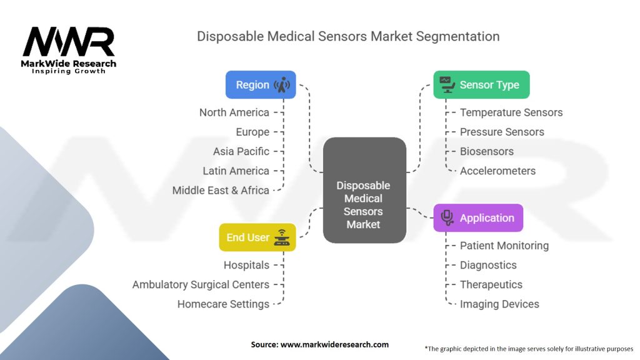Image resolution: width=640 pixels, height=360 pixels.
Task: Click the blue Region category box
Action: (261, 85)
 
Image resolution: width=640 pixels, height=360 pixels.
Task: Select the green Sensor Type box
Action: (481, 85)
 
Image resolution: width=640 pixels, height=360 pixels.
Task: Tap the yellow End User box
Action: (257, 237)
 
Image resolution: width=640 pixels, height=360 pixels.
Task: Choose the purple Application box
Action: (478, 218)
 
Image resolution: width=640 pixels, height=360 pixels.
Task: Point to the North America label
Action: (234, 112)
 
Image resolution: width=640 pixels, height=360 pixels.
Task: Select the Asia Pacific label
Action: (241, 151)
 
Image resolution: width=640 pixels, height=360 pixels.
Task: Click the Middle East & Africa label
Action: (221, 190)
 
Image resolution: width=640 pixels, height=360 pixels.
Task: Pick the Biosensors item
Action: (487, 151)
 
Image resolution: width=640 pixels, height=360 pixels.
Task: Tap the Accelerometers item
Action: (497, 171)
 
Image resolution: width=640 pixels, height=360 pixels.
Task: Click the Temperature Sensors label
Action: (511, 112)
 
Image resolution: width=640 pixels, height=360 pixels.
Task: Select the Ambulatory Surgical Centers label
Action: (201, 284)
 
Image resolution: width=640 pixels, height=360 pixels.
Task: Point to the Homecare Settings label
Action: (223, 304)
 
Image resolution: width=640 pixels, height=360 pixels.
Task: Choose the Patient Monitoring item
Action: (504, 246)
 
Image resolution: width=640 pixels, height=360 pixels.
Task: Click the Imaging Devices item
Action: (499, 304)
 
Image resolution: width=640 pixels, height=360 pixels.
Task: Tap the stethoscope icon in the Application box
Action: (447, 217)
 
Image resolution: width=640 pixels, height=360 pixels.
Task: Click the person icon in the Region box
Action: (282, 85)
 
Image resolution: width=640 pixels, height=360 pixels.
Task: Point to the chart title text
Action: (348, 36)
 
